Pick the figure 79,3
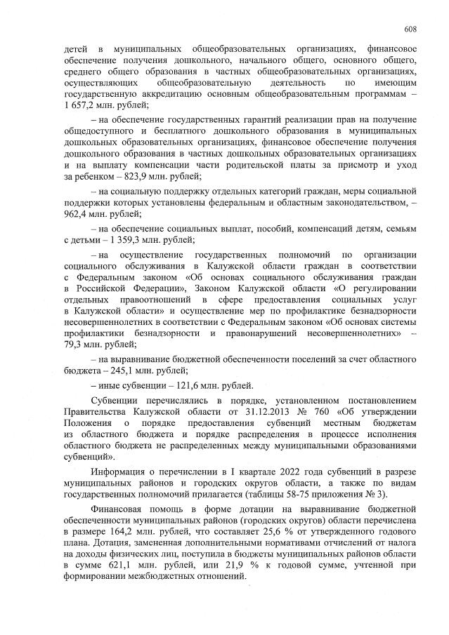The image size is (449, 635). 77,344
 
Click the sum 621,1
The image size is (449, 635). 110,564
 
